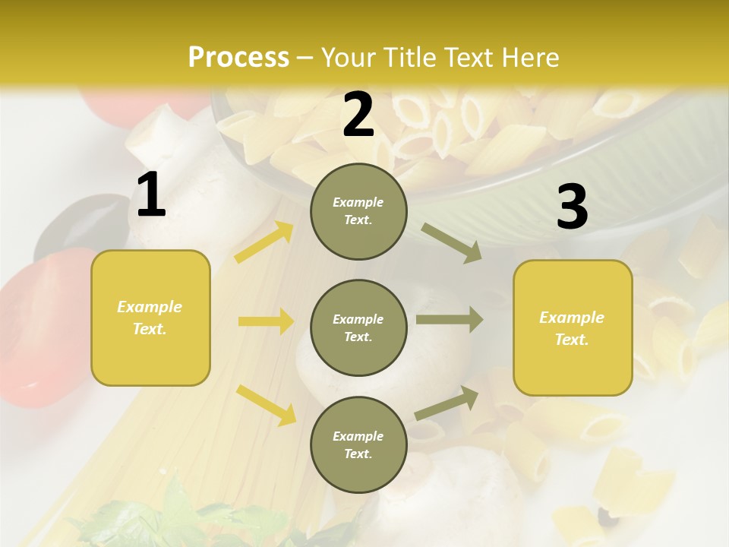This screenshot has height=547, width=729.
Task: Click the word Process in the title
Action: pos(238,58)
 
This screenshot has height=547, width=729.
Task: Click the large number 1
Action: pos(151,195)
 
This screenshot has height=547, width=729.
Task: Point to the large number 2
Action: pos(358,115)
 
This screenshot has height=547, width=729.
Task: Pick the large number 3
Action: pos(572,207)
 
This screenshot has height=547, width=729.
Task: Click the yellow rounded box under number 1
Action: pos(150,318)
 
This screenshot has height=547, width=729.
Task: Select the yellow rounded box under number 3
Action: pos(573,327)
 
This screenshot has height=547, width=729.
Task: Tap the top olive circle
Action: pos(358,211)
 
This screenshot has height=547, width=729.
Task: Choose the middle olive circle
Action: pos(358,327)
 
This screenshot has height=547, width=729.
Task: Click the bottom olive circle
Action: pos(358,444)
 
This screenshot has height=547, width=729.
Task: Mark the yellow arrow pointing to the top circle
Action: pos(264,242)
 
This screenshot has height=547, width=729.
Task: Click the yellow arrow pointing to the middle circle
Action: pos(266,321)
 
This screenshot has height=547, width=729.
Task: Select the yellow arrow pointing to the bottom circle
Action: pos(266,405)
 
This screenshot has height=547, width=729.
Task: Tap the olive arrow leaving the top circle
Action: pos(452,243)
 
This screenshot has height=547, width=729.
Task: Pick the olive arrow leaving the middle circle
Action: pos(450,320)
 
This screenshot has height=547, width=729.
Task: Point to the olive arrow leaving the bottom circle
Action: pos(447,403)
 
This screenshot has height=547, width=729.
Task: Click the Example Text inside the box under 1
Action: pos(150,318)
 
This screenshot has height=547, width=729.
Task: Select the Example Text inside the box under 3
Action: pos(572,328)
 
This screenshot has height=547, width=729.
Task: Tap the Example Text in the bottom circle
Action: pos(358,445)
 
